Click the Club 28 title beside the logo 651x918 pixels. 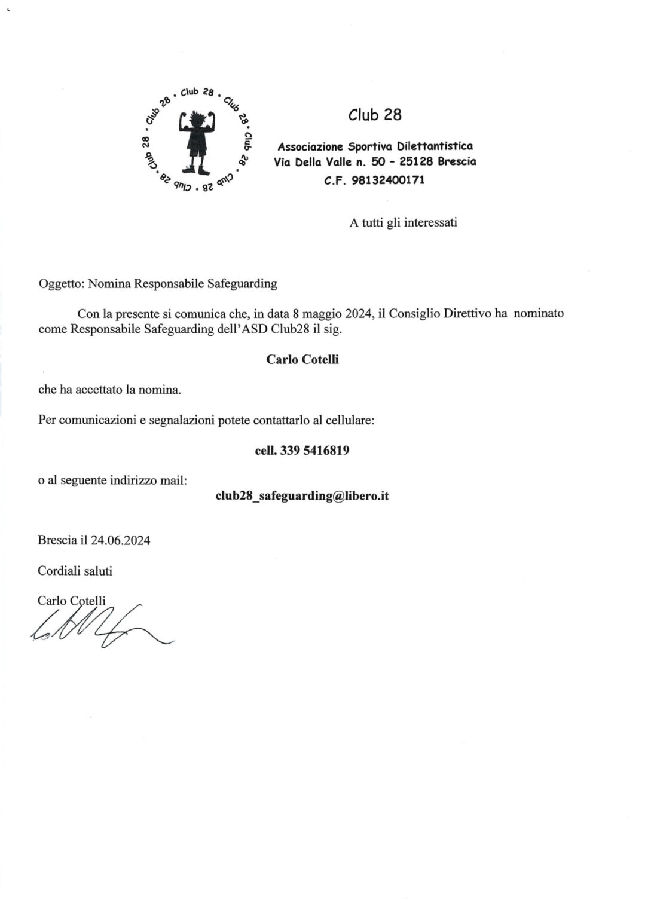pyautogui.click(x=375, y=114)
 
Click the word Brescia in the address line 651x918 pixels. pyautogui.click(x=457, y=161)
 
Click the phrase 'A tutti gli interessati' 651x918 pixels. pyautogui.click(x=403, y=222)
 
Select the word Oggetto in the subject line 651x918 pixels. pyautogui.click(x=60, y=284)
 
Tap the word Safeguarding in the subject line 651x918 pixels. pyautogui.click(x=242, y=284)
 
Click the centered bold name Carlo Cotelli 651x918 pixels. pyautogui.click(x=302, y=360)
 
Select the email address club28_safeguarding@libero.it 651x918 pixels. pyautogui.click(x=302, y=495)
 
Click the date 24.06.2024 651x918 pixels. pyautogui.click(x=121, y=540)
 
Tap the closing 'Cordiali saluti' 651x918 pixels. pyautogui.click(x=75, y=571)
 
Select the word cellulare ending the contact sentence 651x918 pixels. pyautogui.click(x=349, y=420)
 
